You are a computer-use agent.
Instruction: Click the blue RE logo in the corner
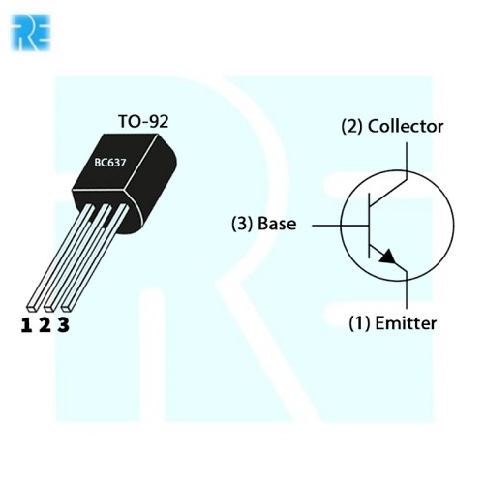pos(31,32)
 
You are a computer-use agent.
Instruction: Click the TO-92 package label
pos(143,122)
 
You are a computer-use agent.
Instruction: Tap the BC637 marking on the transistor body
pos(110,163)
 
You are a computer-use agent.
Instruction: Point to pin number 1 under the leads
pos(26,325)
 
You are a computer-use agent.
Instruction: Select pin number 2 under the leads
pos(45,325)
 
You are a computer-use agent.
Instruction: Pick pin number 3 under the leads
pos(64,325)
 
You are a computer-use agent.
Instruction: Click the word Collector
pos(406,126)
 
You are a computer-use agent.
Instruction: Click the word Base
pos(277,224)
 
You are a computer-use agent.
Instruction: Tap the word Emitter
pos(406,323)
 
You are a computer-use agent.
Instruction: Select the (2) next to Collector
pos(352,127)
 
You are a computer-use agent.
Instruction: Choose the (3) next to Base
pos(242,224)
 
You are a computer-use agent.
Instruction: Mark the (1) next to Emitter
pos(359,323)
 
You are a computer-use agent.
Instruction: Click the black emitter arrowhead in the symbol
pos(388,257)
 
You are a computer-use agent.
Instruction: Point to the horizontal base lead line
pos(341,226)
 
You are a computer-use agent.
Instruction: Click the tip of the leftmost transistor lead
pos(32,308)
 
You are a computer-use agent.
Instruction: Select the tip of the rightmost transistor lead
pos(67,308)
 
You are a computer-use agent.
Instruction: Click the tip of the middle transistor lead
pos(49,308)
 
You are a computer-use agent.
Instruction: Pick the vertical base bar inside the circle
pos(369,226)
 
